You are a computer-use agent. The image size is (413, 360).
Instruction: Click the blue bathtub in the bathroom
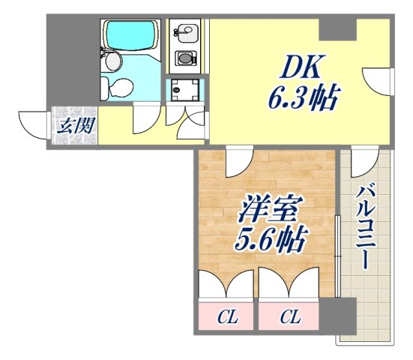130,34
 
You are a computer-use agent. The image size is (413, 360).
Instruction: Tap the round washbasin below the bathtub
110,59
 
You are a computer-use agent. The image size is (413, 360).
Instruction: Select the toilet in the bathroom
117,88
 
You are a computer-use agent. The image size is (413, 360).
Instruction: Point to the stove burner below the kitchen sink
184,58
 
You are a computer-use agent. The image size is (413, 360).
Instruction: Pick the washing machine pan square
183,90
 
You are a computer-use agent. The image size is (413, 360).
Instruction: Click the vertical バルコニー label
364,225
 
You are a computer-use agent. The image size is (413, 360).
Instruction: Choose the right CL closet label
289,317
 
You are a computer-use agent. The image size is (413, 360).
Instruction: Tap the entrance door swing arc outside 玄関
32,124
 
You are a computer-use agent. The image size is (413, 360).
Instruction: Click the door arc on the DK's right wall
377,81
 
